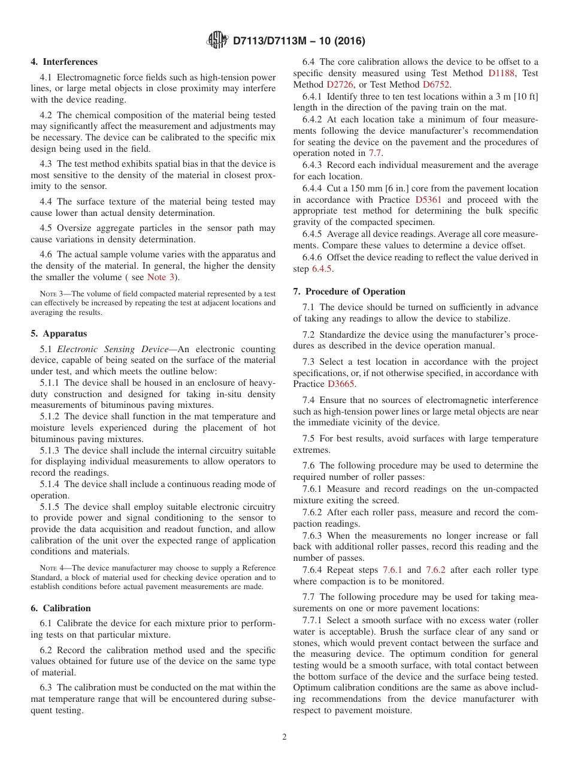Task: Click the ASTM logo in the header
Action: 217,40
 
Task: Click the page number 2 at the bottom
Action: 284,737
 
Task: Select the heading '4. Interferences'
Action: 64,62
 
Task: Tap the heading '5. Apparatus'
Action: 59,334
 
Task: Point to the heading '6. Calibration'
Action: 60,608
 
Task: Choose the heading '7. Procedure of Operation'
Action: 349,292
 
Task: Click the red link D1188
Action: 501,73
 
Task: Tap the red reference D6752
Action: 437,85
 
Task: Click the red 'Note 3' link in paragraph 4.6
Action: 161,277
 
